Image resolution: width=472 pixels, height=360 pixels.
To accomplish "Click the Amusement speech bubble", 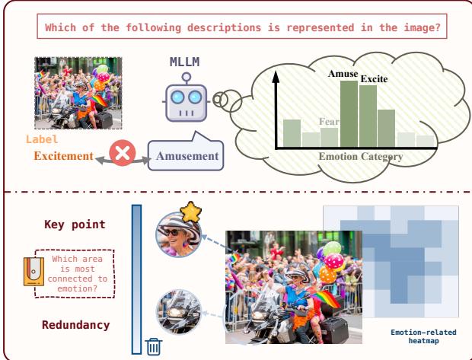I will (186, 155).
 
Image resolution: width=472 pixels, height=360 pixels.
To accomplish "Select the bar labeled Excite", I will (368, 115).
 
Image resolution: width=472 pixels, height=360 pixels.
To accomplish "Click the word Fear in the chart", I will (328, 120).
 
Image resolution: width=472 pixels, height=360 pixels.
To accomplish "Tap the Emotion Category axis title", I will (353, 157).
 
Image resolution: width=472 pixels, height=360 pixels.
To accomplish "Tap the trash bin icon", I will (154, 346).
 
